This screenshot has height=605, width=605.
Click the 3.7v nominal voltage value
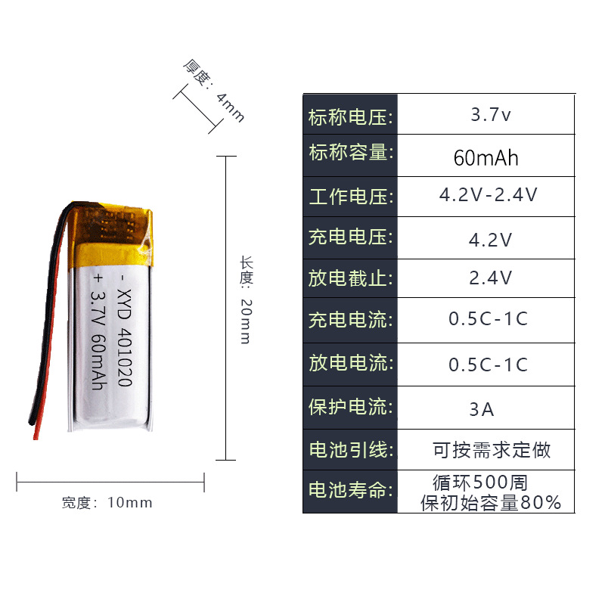[491, 116]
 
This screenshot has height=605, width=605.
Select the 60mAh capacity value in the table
[486, 158]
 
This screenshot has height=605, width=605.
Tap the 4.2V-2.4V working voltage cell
[489, 195]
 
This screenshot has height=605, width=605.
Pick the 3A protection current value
[482, 409]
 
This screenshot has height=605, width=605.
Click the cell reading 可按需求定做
[492, 450]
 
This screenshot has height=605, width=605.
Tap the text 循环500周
[480, 481]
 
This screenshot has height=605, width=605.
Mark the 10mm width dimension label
[107, 502]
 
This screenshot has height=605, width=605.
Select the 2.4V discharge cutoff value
[491, 278]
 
